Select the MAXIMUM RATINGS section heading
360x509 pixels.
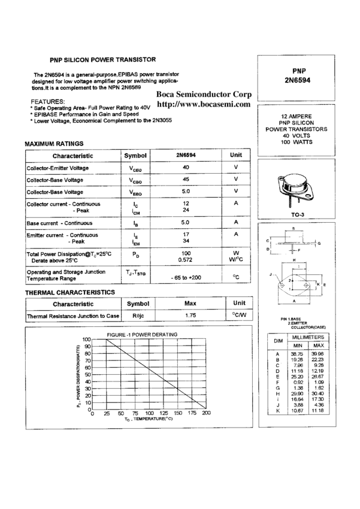pyautogui.click(x=53, y=144)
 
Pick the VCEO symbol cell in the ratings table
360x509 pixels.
pyautogui.click(x=136, y=168)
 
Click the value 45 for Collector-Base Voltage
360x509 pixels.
pyautogui.click(x=186, y=180)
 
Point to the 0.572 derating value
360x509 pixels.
pyautogui.click(x=186, y=260)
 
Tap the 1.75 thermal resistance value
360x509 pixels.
pyautogui.click(x=190, y=315)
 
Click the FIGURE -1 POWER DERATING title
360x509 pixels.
pyautogui.click(x=142, y=334)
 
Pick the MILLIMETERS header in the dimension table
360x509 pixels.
pyautogui.click(x=307, y=338)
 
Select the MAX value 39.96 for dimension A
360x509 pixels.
pyautogui.click(x=318, y=354)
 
